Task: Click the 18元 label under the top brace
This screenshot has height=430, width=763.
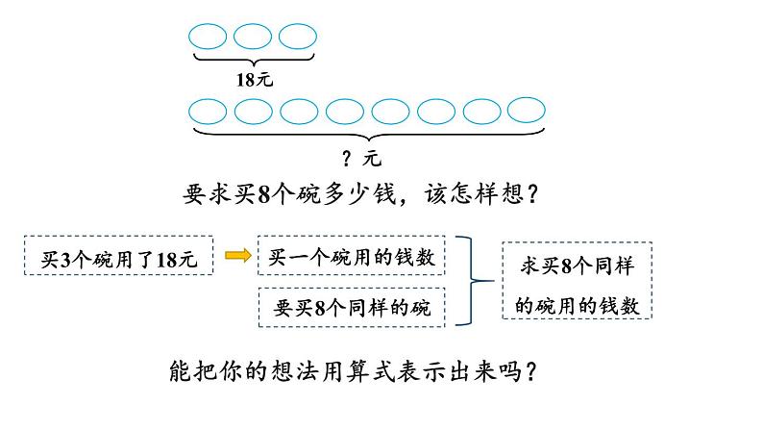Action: [255, 80]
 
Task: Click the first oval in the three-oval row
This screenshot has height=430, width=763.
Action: [208, 37]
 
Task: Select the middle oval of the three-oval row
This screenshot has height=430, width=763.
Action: [253, 37]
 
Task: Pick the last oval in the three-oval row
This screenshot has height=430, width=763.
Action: [298, 37]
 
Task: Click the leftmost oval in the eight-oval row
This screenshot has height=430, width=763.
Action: [209, 110]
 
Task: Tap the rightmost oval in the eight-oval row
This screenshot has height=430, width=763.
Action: [527, 110]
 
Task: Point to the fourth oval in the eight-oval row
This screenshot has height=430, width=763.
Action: [345, 110]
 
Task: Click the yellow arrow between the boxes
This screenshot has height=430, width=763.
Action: [235, 256]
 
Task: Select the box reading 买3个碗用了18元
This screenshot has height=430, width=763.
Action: [119, 257]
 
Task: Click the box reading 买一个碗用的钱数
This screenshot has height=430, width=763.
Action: [352, 256]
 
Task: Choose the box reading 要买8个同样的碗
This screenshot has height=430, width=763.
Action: [352, 308]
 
